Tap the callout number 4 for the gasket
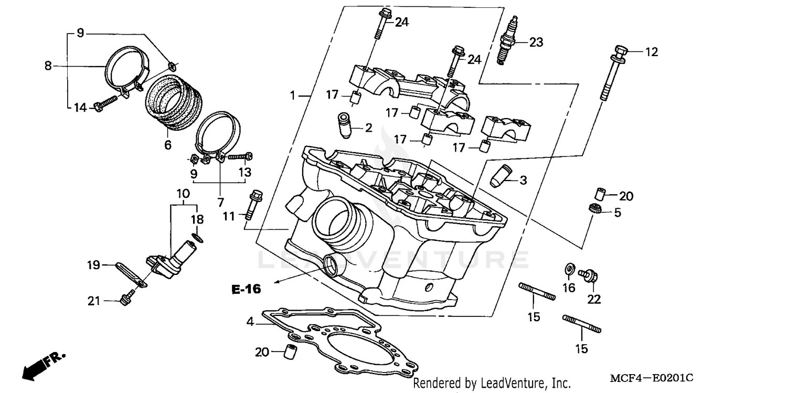point(250,322)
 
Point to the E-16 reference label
point(247,289)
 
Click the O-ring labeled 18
point(197,238)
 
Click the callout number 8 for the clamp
point(48,66)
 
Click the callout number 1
point(294,96)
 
